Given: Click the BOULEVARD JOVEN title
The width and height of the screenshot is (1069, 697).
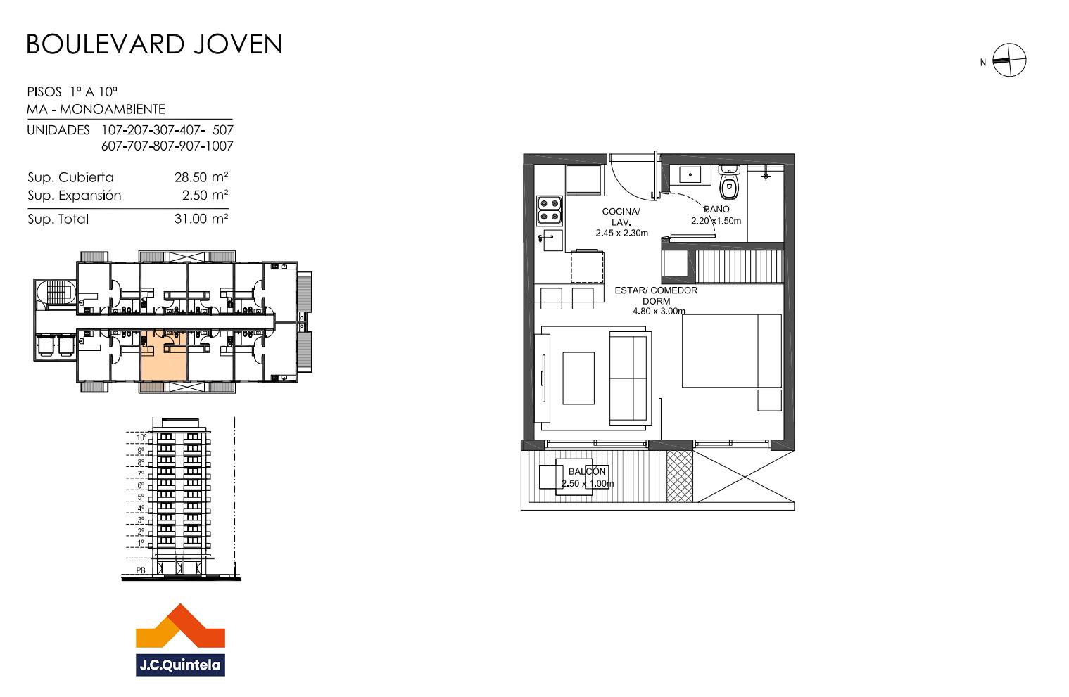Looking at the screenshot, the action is pos(154,44).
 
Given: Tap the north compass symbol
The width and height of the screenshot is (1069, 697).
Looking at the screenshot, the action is pos(1009,60).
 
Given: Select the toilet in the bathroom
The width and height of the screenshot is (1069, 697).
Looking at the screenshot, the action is pos(728,183).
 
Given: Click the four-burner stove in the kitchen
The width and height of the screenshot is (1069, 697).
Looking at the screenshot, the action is pos(550,210).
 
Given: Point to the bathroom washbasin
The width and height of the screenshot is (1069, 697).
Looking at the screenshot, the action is pos(689,174).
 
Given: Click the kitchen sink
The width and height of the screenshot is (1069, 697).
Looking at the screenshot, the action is pos(552,241).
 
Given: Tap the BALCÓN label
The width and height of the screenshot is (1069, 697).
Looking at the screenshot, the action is pos(587,471).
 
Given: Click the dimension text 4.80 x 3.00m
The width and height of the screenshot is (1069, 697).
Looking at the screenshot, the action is pos(659,312).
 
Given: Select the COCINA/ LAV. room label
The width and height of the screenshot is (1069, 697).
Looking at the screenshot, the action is pos(621,217).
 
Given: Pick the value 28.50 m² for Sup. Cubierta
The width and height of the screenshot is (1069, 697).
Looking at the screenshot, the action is pos(201,177).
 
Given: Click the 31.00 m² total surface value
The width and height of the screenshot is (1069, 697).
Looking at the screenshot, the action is pos(201,219).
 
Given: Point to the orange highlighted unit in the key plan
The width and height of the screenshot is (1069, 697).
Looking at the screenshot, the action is pos(163,356).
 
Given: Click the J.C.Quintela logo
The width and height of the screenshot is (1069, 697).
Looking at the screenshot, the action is pos(180,640).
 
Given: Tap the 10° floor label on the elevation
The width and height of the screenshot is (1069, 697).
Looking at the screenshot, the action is pos(141,437).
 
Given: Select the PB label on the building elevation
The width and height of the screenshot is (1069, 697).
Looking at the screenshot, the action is pos(141,570).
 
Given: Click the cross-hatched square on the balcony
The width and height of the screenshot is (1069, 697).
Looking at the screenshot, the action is pos(679,476).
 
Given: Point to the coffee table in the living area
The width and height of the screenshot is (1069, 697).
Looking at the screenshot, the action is pos(578,378).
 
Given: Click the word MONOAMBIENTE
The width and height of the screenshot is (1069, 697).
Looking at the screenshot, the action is pos(113,109).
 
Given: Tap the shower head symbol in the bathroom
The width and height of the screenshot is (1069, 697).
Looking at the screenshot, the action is pos(766,176).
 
